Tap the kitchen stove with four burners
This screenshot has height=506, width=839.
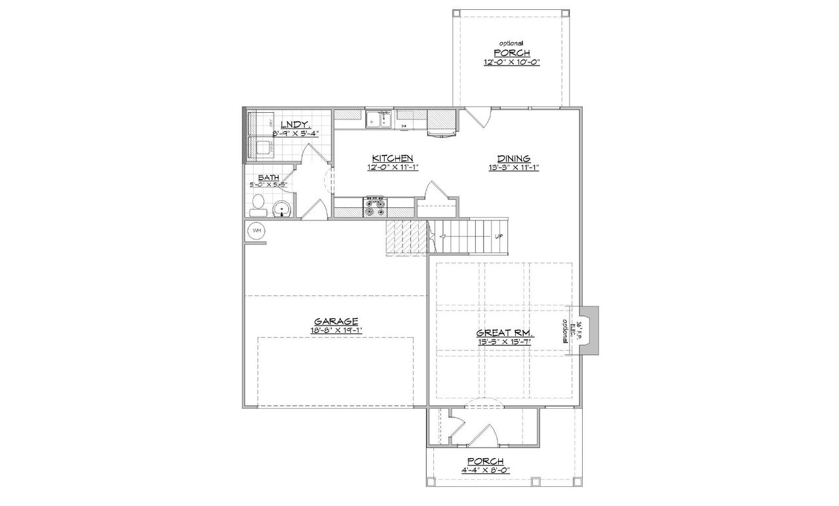376,207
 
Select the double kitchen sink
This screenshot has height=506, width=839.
379,119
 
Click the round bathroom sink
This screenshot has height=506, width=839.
281,209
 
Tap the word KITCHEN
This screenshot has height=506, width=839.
392,158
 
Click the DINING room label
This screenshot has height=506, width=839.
513,158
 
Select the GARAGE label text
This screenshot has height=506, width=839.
336,322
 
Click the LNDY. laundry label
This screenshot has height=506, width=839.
295,125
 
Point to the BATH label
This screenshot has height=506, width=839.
267,178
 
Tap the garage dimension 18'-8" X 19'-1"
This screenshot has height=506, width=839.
336,330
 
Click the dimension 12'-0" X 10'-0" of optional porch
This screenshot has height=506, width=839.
512,63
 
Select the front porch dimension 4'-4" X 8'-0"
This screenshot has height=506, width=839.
486,470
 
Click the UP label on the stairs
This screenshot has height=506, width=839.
499,236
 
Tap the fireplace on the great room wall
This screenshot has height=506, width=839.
588,331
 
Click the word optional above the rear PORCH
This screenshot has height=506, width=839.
512,43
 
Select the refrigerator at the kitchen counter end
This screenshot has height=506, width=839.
441,122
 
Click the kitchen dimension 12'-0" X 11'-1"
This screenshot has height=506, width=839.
392,167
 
